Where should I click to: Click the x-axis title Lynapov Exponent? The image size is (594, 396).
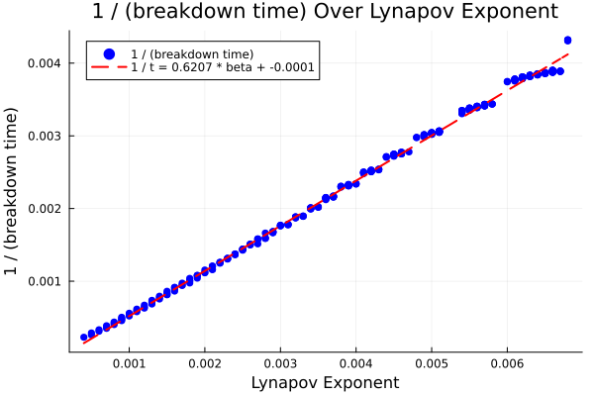[326, 382]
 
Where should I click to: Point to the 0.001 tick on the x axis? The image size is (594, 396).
[130, 364]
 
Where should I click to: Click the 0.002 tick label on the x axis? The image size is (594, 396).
[205, 364]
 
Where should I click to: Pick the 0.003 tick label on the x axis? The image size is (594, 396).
[280, 364]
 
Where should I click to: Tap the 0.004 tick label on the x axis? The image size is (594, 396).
[356, 364]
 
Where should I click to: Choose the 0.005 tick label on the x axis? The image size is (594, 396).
[432, 364]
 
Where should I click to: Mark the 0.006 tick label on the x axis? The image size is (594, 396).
[507, 364]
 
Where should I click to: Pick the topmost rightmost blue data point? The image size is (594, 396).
[567, 41]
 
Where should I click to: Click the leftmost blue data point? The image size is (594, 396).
[84, 338]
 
